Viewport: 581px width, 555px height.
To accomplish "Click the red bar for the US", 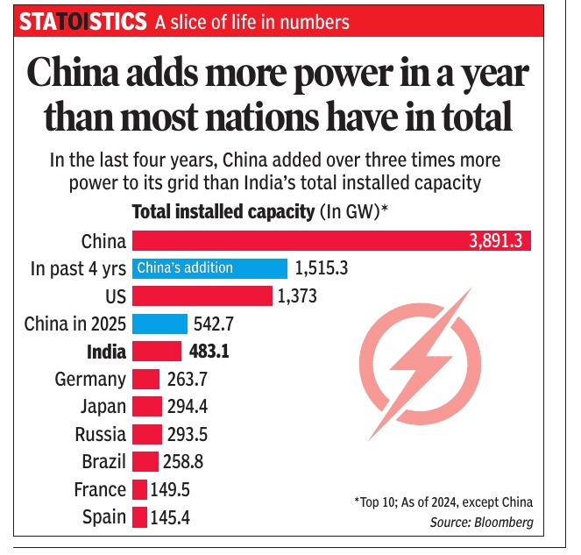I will click(x=202, y=296).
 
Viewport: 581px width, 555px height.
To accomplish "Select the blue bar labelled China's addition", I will click(x=209, y=268).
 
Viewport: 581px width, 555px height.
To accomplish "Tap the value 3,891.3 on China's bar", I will click(x=497, y=241).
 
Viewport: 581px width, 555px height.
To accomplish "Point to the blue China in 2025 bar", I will click(x=159, y=324).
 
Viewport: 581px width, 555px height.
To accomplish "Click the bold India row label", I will click(x=106, y=352).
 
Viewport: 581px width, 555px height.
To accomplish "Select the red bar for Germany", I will click(x=145, y=380).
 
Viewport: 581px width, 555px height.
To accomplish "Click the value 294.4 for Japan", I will click(x=192, y=407).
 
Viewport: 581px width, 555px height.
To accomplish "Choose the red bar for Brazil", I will click(x=145, y=461).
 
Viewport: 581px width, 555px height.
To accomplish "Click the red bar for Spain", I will click(x=139, y=516).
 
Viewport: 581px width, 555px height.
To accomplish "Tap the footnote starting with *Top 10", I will click(x=443, y=502).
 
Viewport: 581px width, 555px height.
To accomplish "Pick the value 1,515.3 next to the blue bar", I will click(x=322, y=268).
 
